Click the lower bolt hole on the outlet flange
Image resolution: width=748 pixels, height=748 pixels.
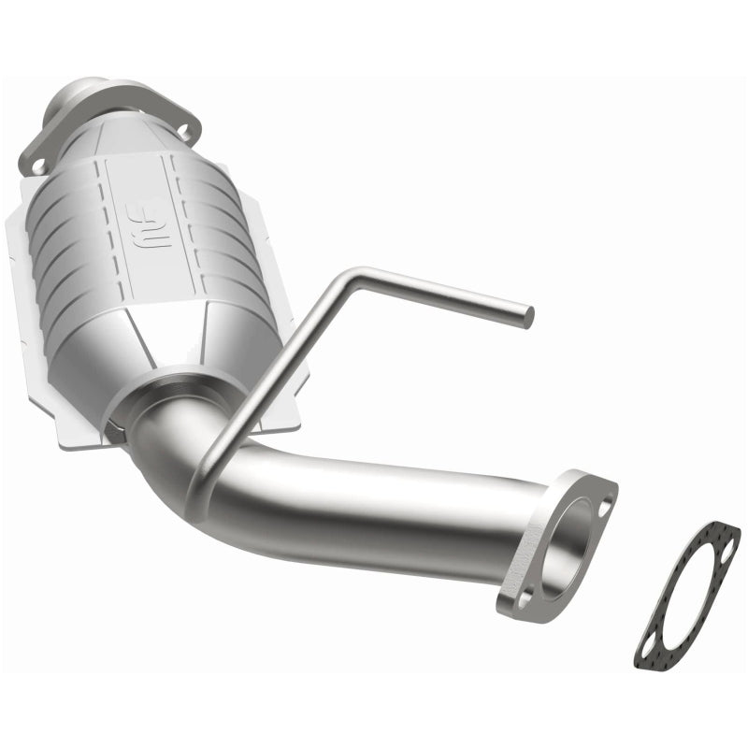click(525, 594)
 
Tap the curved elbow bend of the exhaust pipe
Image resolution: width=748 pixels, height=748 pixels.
click(178, 458)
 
